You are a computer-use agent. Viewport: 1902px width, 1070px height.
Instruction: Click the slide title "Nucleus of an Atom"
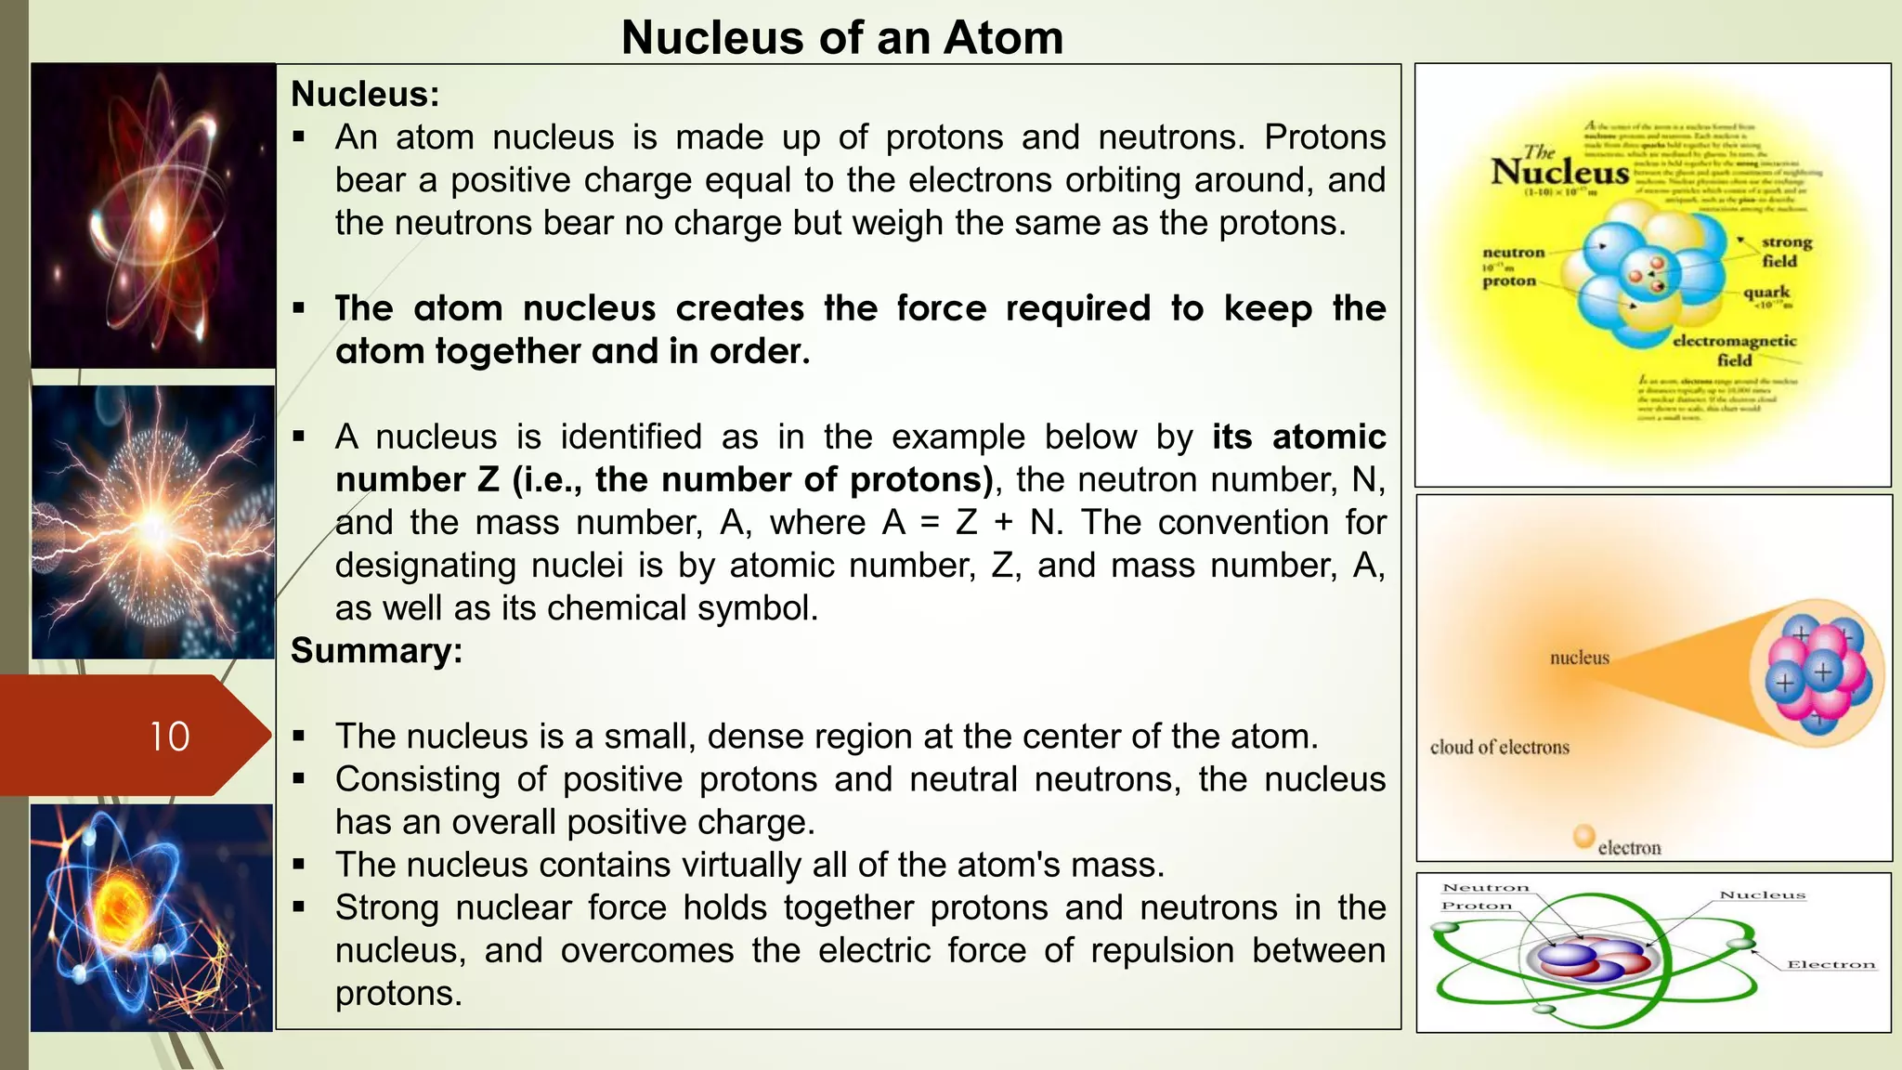[841, 38]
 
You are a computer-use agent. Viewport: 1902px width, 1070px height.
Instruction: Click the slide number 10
[170, 737]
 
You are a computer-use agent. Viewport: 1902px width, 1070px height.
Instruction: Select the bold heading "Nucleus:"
[365, 94]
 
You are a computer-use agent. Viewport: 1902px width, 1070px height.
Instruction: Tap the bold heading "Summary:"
[376, 651]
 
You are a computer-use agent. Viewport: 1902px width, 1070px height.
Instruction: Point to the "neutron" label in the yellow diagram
[1513, 253]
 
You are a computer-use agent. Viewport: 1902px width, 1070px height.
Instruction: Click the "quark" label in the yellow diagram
[1765, 292]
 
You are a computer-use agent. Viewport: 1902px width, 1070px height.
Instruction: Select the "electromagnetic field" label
[1734, 350]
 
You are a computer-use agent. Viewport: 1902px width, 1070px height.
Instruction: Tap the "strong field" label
[1786, 252]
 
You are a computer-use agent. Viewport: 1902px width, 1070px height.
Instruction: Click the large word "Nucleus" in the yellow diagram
[1559, 172]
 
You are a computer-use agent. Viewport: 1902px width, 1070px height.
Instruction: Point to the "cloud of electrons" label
[1499, 748]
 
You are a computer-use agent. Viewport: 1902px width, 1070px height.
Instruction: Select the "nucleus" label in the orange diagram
[1579, 659]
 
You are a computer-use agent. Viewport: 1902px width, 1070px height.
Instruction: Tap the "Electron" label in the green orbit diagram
[1830, 965]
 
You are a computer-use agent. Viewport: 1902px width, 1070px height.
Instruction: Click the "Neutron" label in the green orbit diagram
[1485, 888]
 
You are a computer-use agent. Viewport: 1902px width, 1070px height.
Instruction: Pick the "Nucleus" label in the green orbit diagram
[1762, 895]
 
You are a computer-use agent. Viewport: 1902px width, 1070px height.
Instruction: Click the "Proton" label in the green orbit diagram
[1477, 906]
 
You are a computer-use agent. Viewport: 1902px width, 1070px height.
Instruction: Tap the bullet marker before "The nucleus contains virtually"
[299, 865]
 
